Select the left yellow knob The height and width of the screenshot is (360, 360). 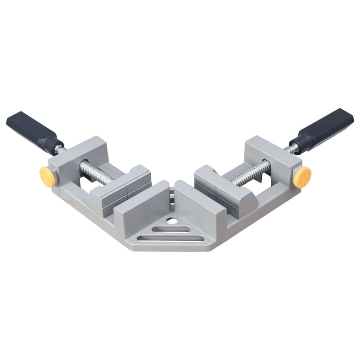coord(47,177)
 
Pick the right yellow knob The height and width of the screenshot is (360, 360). coord(302,177)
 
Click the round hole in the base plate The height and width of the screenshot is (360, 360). coord(171,221)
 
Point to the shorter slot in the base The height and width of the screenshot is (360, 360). coord(171,229)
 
